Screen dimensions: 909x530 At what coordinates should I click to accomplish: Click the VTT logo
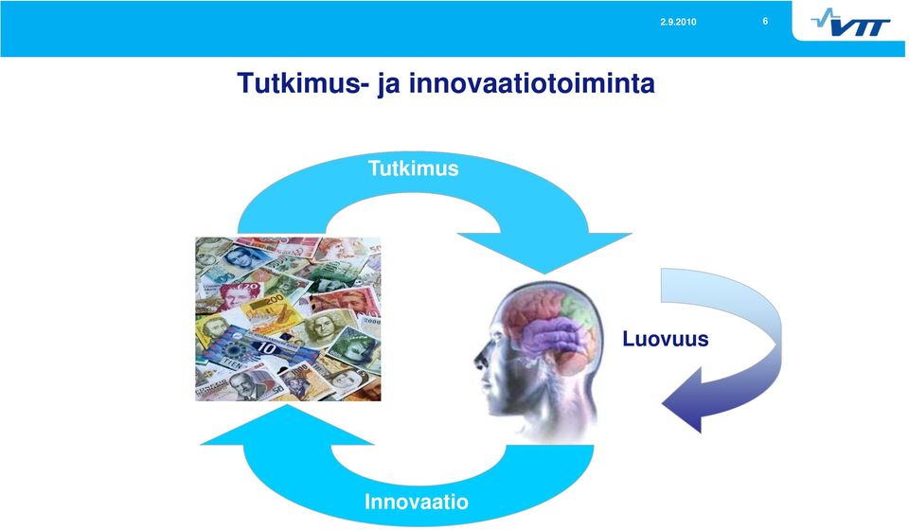(x=850, y=22)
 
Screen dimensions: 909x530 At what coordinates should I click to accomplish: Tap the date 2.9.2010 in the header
(x=678, y=22)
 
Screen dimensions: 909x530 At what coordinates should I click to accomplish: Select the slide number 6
(x=765, y=22)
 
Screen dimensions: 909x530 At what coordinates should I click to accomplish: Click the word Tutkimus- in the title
(x=303, y=83)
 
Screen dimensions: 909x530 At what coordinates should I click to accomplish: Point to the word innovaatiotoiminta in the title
(x=532, y=83)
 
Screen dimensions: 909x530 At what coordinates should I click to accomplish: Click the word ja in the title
(x=388, y=84)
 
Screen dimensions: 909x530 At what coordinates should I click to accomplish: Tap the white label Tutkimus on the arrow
(x=414, y=168)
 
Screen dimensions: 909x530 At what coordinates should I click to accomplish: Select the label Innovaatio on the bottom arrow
(x=417, y=502)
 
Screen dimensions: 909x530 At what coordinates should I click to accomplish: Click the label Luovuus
(x=666, y=339)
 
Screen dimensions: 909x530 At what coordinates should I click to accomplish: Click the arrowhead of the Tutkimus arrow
(x=545, y=249)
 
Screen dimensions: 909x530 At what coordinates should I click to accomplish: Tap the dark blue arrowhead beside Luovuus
(x=684, y=401)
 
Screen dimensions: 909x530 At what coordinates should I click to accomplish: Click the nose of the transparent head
(x=479, y=359)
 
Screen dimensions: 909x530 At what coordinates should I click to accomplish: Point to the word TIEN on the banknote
(x=233, y=365)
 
